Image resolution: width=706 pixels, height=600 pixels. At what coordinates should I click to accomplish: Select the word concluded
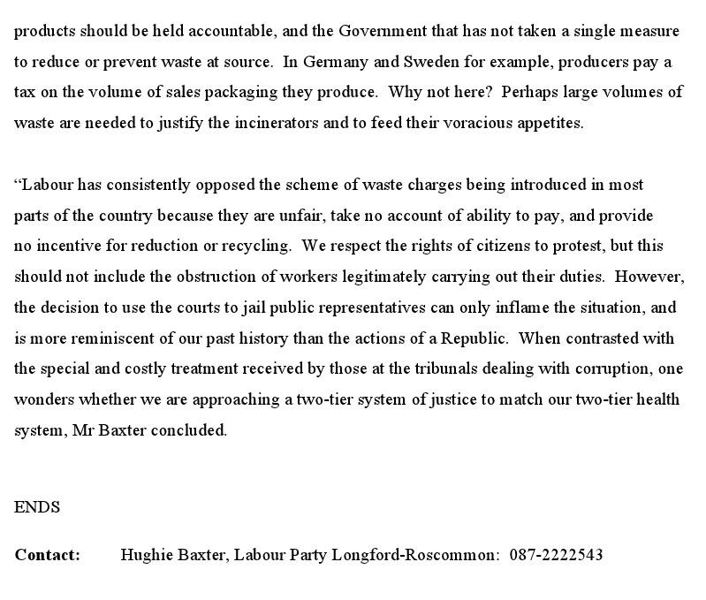click(189, 430)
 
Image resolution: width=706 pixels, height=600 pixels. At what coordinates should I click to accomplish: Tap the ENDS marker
click(37, 507)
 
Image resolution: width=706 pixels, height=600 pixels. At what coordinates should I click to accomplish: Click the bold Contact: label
click(47, 555)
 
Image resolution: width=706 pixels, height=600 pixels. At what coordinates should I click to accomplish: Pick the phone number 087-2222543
click(556, 555)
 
